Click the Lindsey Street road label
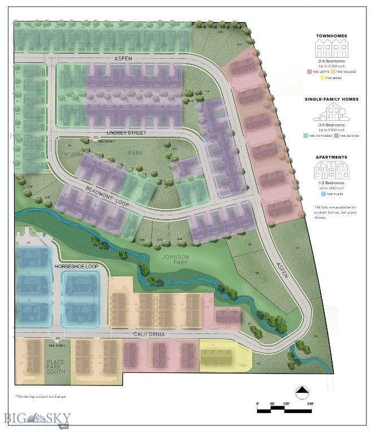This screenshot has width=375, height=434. point(126,133)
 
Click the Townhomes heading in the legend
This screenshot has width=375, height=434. point(332,36)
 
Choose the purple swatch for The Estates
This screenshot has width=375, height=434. point(336,136)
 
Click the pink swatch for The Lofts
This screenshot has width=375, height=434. point(309,72)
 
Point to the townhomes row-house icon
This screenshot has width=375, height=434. point(332,51)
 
